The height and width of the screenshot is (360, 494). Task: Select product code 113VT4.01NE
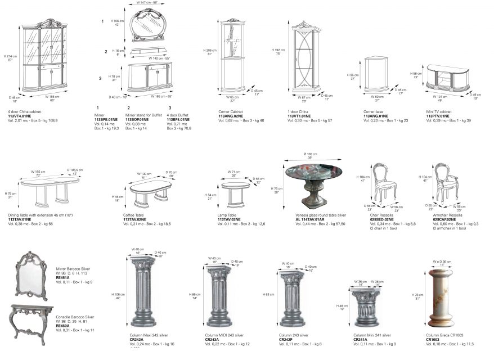point(19,116)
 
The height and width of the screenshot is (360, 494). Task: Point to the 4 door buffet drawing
point(149,76)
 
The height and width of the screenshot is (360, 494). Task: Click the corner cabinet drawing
point(233,56)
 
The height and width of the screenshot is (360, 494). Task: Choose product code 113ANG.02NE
point(231,116)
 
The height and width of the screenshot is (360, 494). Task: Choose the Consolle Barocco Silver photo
point(31,322)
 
